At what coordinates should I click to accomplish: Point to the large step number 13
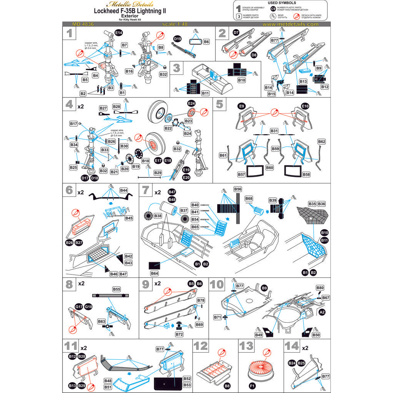click(246, 347)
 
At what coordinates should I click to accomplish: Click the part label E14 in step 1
click(119, 33)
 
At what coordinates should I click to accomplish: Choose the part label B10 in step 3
click(241, 81)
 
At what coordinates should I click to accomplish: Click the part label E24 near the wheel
click(191, 104)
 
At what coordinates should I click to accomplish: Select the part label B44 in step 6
click(124, 190)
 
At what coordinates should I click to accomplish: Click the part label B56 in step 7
click(238, 189)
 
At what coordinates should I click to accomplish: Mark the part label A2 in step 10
click(322, 313)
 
